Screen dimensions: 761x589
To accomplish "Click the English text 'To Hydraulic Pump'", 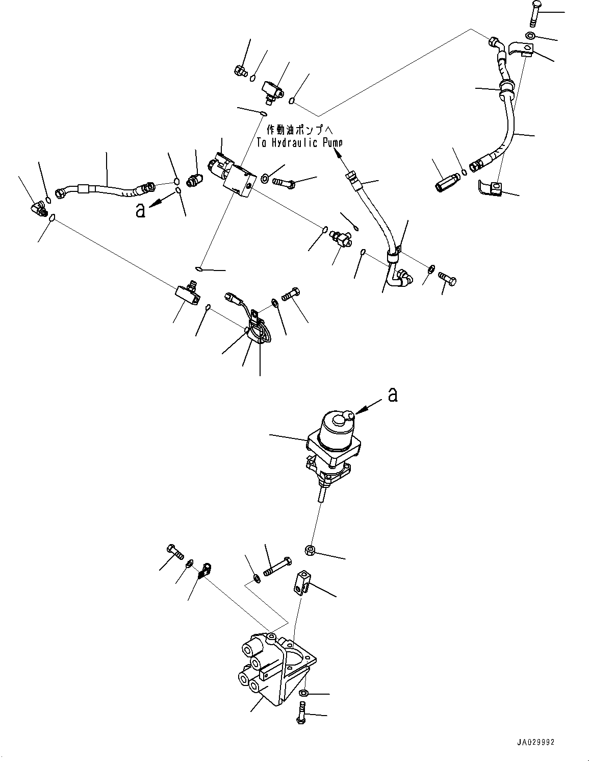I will (x=299, y=143).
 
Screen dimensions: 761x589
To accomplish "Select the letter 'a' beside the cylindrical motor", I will (x=392, y=395).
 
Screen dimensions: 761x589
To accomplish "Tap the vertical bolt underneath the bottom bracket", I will (x=301, y=713).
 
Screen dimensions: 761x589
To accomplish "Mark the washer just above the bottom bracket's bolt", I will (x=304, y=693).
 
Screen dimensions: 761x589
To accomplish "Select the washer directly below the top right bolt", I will (x=530, y=35).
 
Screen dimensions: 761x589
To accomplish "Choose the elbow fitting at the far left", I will (x=37, y=208).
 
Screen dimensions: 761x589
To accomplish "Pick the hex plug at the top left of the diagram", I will (x=240, y=71).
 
